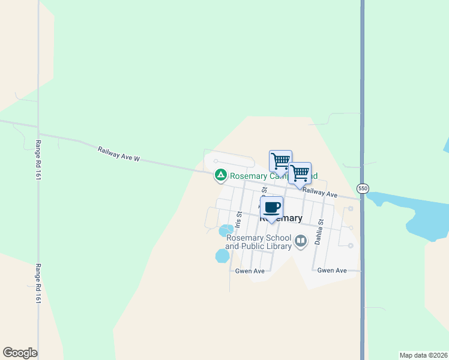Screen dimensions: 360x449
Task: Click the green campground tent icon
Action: [221, 175]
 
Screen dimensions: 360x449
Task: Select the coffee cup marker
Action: [271, 208]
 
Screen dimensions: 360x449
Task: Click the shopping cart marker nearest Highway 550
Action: [300, 174]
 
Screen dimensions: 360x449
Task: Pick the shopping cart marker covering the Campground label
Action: [280, 161]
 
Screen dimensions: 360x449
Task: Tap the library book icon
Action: [301, 241]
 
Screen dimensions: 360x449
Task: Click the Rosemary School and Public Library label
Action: [259, 242]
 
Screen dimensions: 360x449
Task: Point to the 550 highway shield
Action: [363, 188]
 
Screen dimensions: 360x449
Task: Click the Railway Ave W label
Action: [118, 154]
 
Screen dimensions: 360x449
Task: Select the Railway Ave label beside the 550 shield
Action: [321, 193]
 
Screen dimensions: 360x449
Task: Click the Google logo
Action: [20, 352]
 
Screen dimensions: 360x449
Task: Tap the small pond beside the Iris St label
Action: [226, 230]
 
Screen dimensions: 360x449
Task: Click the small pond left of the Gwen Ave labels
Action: [222, 256]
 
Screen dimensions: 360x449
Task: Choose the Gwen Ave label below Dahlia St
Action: [332, 271]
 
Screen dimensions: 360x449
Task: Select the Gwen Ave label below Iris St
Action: [250, 271]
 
